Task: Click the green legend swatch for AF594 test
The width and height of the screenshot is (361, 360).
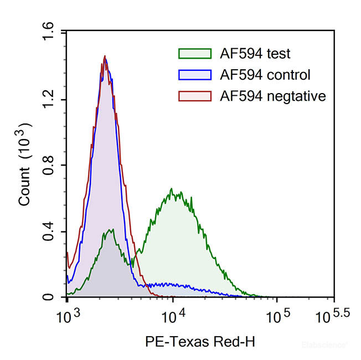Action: pos(195,54)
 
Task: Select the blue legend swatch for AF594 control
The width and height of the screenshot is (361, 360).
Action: pos(195,75)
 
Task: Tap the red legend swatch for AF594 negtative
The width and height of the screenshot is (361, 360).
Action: pos(195,96)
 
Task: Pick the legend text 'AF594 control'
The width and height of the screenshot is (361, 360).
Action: pos(265,75)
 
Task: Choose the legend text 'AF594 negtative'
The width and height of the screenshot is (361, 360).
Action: pos(273,96)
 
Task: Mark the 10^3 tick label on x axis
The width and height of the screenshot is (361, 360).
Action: pos(69,315)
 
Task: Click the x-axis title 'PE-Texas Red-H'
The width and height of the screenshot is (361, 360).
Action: pos(200,341)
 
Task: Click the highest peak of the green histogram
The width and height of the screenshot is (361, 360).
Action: pos(172,189)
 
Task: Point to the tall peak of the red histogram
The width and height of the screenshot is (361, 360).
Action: pos(104,56)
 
